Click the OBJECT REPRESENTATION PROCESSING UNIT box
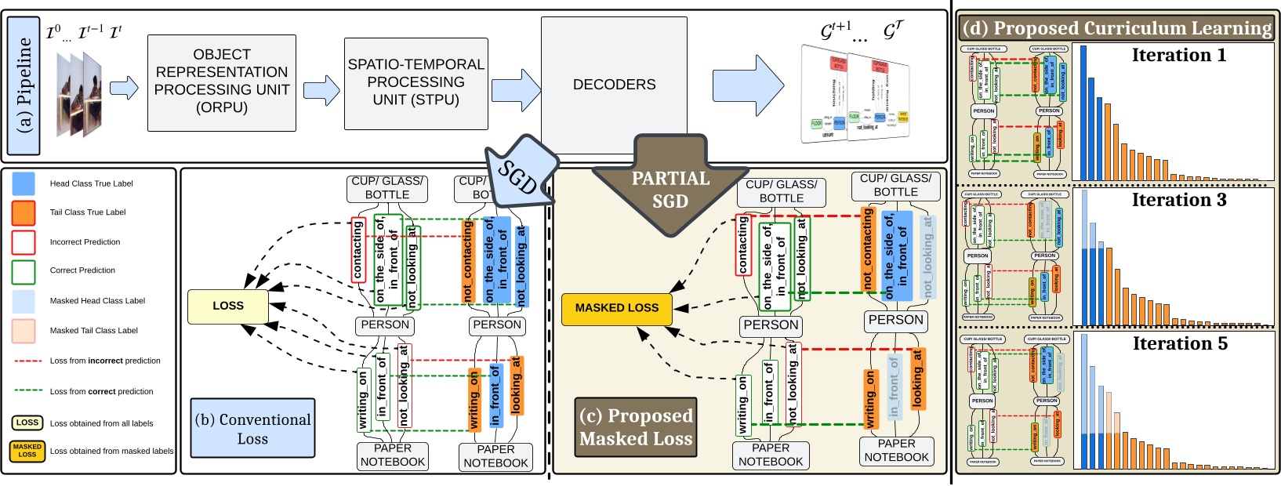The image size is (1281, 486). pos(222,82)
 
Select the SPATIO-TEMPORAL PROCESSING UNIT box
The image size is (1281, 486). pos(416,82)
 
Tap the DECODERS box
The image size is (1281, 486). pos(614,85)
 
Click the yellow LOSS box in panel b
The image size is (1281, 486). pos(228,306)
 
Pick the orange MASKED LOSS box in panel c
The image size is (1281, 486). pos(617,308)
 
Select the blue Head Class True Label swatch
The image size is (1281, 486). pos(24,183)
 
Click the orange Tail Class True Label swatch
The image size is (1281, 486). pos(24,212)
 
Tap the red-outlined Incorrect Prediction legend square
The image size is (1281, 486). pos(24,241)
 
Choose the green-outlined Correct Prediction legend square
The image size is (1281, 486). pos(24,270)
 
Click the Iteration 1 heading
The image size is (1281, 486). pos(1178,55)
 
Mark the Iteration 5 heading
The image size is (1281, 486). pos(1180,343)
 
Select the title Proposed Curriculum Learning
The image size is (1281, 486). pos(1117,28)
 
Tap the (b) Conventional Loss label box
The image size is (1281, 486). pos(252,429)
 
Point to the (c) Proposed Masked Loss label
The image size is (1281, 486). pos(636,427)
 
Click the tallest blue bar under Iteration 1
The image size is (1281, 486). pos(1083,113)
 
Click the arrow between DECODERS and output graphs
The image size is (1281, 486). pos(747,84)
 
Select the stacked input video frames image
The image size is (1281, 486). pos(80,92)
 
